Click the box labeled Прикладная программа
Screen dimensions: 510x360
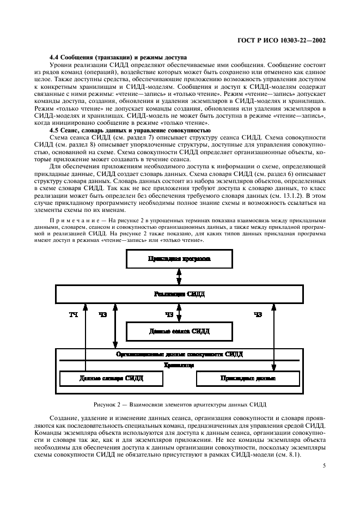tap(179, 259)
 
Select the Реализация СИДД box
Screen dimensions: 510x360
tap(179, 294)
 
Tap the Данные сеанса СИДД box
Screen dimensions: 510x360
tap(179, 331)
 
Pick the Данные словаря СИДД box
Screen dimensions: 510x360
tap(103, 378)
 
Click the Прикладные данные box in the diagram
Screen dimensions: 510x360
tap(248, 378)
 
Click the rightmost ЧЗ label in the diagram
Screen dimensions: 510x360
tap(258, 314)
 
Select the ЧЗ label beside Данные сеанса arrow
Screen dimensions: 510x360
tap(169, 314)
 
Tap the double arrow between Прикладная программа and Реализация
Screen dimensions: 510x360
tap(179, 276)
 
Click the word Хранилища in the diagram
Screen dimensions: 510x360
tap(179, 366)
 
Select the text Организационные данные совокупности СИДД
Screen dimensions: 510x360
tap(179, 354)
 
